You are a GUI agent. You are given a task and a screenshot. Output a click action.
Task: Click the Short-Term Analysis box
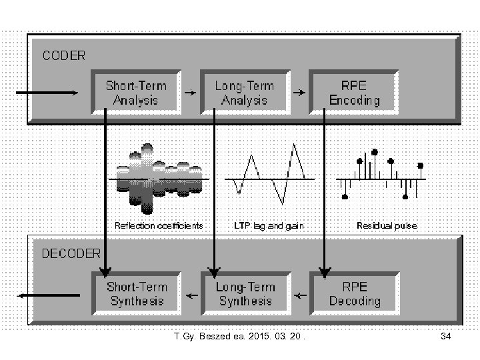pyautogui.click(x=136, y=93)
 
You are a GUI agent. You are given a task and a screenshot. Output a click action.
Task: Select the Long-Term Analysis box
pyautogui.click(x=244, y=93)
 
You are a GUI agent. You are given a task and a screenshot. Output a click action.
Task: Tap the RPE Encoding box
pyautogui.click(x=355, y=93)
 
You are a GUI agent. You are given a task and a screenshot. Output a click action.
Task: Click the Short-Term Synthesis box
pyautogui.click(x=136, y=294)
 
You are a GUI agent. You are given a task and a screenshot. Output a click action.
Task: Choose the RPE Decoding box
pyautogui.click(x=355, y=294)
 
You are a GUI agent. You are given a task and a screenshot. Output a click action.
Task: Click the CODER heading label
pyautogui.click(x=64, y=56)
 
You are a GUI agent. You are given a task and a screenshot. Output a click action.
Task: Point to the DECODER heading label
pyautogui.click(x=71, y=253)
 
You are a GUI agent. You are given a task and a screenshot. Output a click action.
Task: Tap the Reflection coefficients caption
pyautogui.click(x=159, y=225)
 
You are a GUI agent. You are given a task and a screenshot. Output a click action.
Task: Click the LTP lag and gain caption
pyautogui.click(x=269, y=225)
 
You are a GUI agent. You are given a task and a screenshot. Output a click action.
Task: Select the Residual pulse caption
pyautogui.click(x=387, y=225)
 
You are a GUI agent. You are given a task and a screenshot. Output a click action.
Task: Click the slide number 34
pyautogui.click(x=446, y=337)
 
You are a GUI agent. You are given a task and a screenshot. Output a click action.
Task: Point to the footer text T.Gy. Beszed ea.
pyautogui.click(x=237, y=337)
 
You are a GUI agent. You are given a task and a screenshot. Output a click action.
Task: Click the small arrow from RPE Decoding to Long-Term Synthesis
pyautogui.click(x=301, y=294)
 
